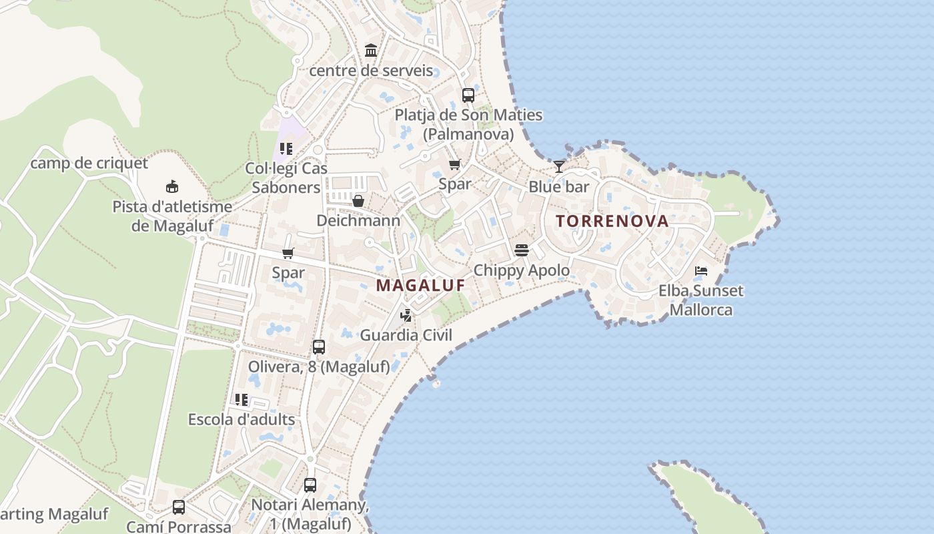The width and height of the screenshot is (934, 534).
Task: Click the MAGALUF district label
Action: pyautogui.click(x=420, y=285)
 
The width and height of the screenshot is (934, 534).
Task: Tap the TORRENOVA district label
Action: pyautogui.click(x=612, y=221)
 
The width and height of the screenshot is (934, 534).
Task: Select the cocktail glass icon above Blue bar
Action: pyautogui.click(x=559, y=166)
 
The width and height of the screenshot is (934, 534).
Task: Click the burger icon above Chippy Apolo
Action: pyautogui.click(x=522, y=250)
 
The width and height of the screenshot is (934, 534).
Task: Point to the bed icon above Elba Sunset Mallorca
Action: pyautogui.click(x=700, y=270)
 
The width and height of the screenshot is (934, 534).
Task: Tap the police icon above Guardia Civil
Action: pyautogui.click(x=406, y=315)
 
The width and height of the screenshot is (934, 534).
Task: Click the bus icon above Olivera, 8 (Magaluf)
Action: pyautogui.click(x=319, y=347)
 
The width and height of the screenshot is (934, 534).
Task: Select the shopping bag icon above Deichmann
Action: pyautogui.click(x=358, y=200)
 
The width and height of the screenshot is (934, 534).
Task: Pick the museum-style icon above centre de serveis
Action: pyautogui.click(x=371, y=50)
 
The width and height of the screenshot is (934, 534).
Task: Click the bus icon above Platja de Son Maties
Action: pyautogui.click(x=468, y=95)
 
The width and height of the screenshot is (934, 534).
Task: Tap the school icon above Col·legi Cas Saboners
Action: pyautogui.click(x=286, y=148)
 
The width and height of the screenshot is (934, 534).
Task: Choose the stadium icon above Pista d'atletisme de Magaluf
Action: pyautogui.click(x=172, y=186)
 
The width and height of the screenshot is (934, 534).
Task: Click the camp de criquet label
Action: pyautogui.click(x=89, y=163)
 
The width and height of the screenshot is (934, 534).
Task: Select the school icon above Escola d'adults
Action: pyautogui.click(x=242, y=399)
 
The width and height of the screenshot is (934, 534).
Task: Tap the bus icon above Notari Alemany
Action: pyautogui.click(x=310, y=485)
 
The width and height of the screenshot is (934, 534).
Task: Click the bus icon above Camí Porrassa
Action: pyautogui.click(x=179, y=507)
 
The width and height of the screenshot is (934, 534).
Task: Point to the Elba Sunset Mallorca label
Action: pyautogui.click(x=700, y=300)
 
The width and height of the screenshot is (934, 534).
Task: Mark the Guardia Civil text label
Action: pyautogui.click(x=406, y=335)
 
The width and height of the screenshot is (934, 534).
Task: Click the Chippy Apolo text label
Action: pyautogui.click(x=522, y=270)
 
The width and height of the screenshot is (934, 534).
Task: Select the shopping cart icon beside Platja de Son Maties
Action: pyautogui.click(x=454, y=164)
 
